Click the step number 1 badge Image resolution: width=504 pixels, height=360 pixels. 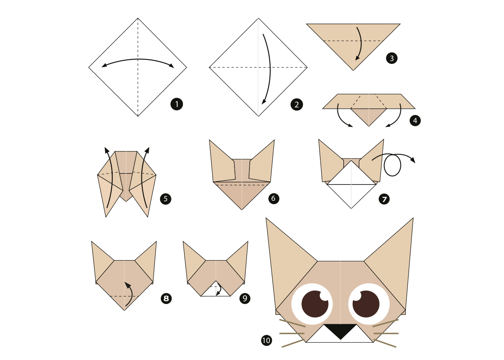point(177,104)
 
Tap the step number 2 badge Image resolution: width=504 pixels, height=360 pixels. point(297,104)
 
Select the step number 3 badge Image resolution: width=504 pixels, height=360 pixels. point(392,58)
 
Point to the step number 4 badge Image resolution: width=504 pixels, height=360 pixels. point(415,121)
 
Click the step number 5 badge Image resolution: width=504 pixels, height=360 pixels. point(166,199)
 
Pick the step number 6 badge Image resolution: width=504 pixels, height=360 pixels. point(273,198)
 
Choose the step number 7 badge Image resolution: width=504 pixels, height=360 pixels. point(384,199)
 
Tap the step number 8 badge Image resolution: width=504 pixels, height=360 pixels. point(166,298)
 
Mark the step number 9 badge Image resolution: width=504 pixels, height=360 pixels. point(245,298)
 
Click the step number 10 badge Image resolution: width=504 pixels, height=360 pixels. point(266,340)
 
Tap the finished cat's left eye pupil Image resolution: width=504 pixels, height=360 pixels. point(315,304)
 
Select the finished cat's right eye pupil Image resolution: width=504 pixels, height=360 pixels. point(366,304)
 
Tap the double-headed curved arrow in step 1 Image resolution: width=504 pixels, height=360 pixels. point(138,59)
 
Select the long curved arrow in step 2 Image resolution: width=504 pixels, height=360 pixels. point(270,67)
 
